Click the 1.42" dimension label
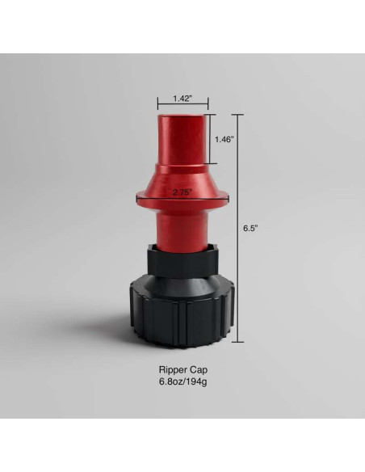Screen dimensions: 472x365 (x=182, y=99)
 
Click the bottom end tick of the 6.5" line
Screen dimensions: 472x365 (x=239, y=342)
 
